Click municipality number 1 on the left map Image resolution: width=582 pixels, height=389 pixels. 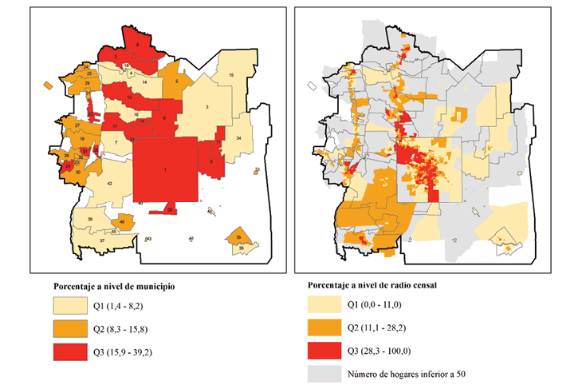pyautogui.click(x=165, y=170)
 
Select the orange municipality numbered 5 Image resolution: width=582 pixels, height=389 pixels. pyautogui.click(x=176, y=81)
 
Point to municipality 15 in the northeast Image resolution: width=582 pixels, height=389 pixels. pyautogui.click(x=231, y=74)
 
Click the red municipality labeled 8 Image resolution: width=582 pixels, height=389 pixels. pyautogui.click(x=164, y=118)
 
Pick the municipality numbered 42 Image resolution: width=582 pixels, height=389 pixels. pyautogui.click(x=109, y=184)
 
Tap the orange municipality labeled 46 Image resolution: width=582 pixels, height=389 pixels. pyautogui.click(x=122, y=220)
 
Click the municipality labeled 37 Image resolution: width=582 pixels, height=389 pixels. pyautogui.click(x=102, y=240)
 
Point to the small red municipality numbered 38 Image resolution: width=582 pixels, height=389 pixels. pyautogui.click(x=169, y=209)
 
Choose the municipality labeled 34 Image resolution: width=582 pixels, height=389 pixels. pyautogui.click(x=238, y=138)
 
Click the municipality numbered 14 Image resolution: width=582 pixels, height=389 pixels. pyautogui.click(x=144, y=82)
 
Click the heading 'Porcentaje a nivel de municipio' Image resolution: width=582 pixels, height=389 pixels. pyautogui.click(x=114, y=284)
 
